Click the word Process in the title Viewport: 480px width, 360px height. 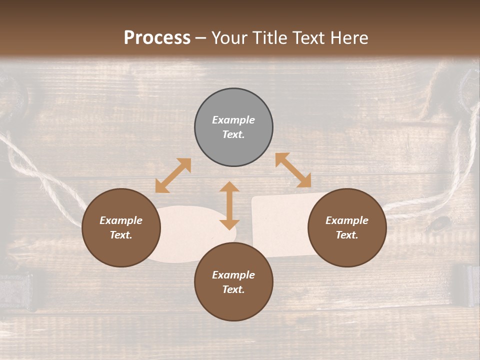coord(157,38)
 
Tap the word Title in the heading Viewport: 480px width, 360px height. coord(272,38)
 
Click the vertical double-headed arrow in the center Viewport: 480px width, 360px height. coord(229,205)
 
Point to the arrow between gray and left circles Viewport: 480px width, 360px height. coord(173,175)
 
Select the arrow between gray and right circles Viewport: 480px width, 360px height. coord(293,170)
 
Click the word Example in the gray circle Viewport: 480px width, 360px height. coord(233,120)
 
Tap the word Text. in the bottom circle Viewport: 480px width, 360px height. coord(233,289)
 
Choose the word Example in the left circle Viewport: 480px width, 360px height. coord(121,220)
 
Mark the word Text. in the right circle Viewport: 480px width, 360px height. coord(347,235)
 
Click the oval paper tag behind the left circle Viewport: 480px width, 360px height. coord(190,235)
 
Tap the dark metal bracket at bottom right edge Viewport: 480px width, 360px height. coord(467,285)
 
